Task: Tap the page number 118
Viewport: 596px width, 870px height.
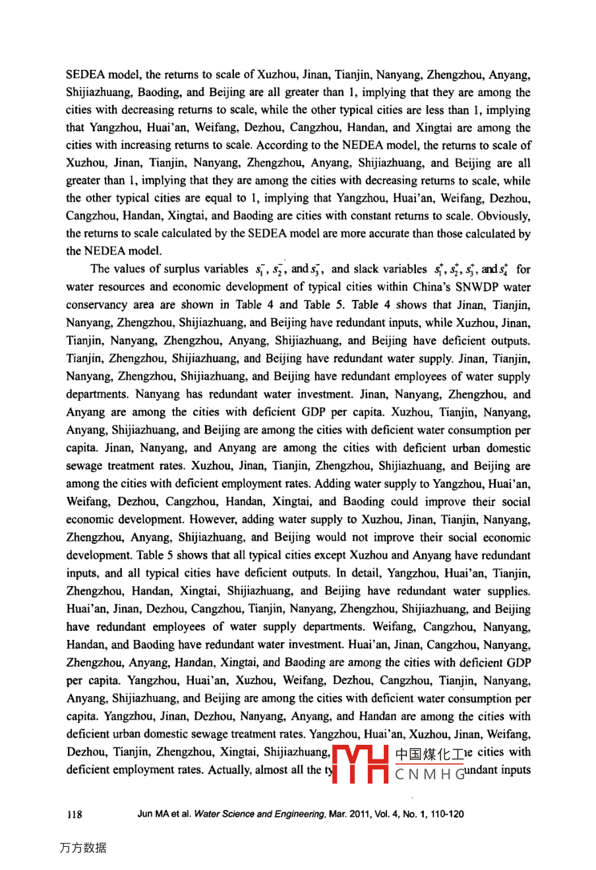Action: click(74, 815)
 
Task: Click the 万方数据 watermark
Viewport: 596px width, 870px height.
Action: click(82, 848)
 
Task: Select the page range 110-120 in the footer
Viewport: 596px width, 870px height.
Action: click(446, 815)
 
